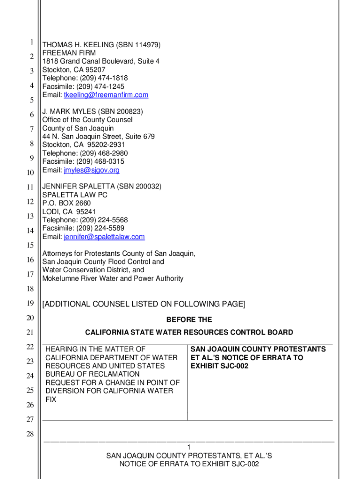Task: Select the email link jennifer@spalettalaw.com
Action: [104, 237]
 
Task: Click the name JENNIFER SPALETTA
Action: [79, 187]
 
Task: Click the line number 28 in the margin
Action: [30, 435]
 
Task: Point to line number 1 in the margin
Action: [31, 43]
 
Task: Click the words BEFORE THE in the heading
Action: [189, 320]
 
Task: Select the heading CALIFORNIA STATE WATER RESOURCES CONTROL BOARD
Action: [189, 333]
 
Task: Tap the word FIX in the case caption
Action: [50, 400]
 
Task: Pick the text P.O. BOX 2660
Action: [66, 203]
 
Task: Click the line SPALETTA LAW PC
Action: [75, 195]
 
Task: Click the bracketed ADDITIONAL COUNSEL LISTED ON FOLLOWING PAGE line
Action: [143, 305]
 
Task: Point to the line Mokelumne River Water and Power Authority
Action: [113, 279]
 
